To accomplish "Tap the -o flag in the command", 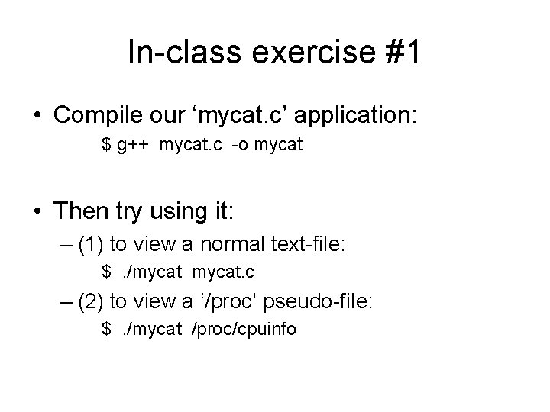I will pyautogui.click(x=233, y=144).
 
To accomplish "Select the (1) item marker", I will pyautogui.click(x=92, y=245).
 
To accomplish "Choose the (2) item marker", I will pyautogui.click(x=92, y=301).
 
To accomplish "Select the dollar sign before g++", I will pyautogui.click(x=107, y=144).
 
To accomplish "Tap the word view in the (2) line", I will pyautogui.click(x=154, y=301).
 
